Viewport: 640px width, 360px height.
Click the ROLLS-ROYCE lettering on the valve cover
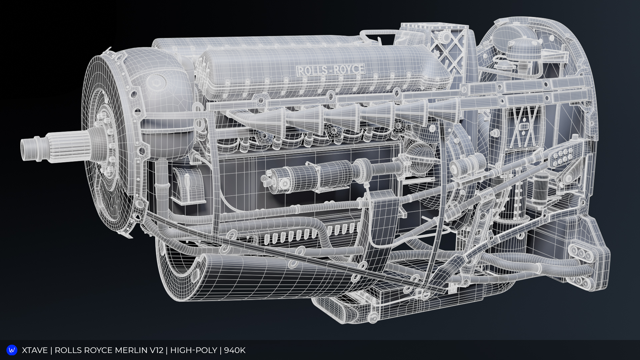coord(330,70)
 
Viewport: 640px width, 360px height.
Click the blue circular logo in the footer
coord(12,350)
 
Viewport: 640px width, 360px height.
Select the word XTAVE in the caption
coord(35,350)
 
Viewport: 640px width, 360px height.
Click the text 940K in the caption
coord(235,350)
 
